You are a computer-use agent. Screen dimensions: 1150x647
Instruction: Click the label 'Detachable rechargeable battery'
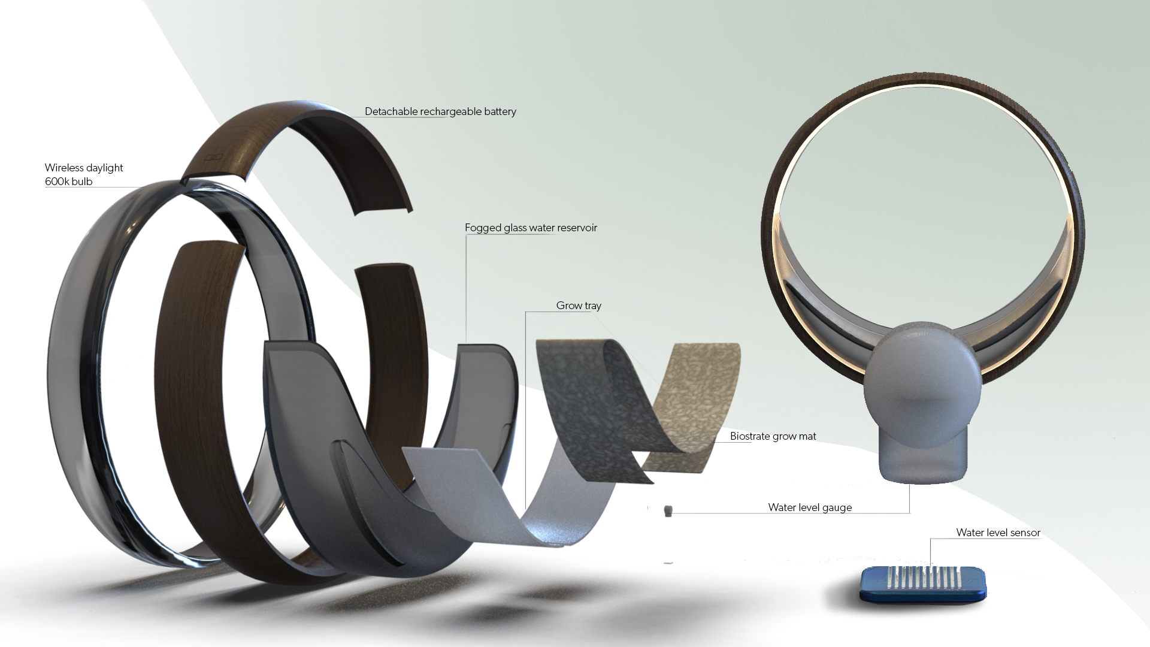click(x=440, y=111)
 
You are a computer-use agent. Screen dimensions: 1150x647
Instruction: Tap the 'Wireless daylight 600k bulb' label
click(x=84, y=174)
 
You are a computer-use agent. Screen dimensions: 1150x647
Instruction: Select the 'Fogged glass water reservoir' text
click(x=531, y=228)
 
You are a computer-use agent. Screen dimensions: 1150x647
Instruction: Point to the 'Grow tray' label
click(x=579, y=306)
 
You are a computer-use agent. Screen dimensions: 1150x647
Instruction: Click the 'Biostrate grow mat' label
click(x=773, y=436)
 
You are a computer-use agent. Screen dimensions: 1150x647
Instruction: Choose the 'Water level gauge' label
click(x=810, y=507)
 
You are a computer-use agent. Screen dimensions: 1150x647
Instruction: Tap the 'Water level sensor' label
click(x=998, y=533)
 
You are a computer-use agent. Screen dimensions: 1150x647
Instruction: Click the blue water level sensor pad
click(x=922, y=585)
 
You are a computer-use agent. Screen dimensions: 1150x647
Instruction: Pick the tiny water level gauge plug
click(x=668, y=510)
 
